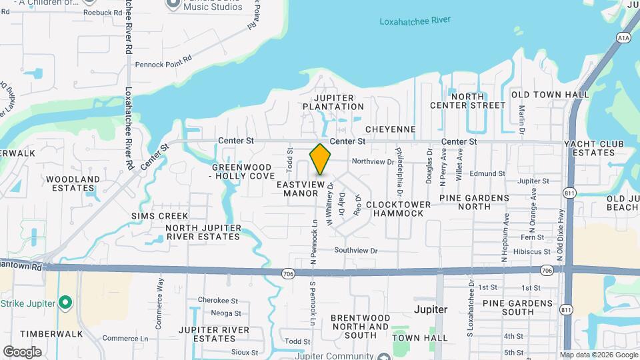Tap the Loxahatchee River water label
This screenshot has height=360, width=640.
(415, 21)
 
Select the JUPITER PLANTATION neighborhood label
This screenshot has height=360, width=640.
(333, 102)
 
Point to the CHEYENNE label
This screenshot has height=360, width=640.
(391, 129)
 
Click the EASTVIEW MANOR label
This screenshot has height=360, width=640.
(301, 188)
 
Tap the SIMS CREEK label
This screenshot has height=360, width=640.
(159, 216)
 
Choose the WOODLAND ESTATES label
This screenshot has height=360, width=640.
(73, 183)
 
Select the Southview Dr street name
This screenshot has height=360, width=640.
(356, 251)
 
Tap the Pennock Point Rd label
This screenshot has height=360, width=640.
(164, 64)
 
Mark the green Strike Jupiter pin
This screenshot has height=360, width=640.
(65, 303)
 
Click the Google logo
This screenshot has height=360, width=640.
(22, 351)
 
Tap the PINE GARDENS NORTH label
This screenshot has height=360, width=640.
(474, 203)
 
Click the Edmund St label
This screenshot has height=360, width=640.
(487, 174)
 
